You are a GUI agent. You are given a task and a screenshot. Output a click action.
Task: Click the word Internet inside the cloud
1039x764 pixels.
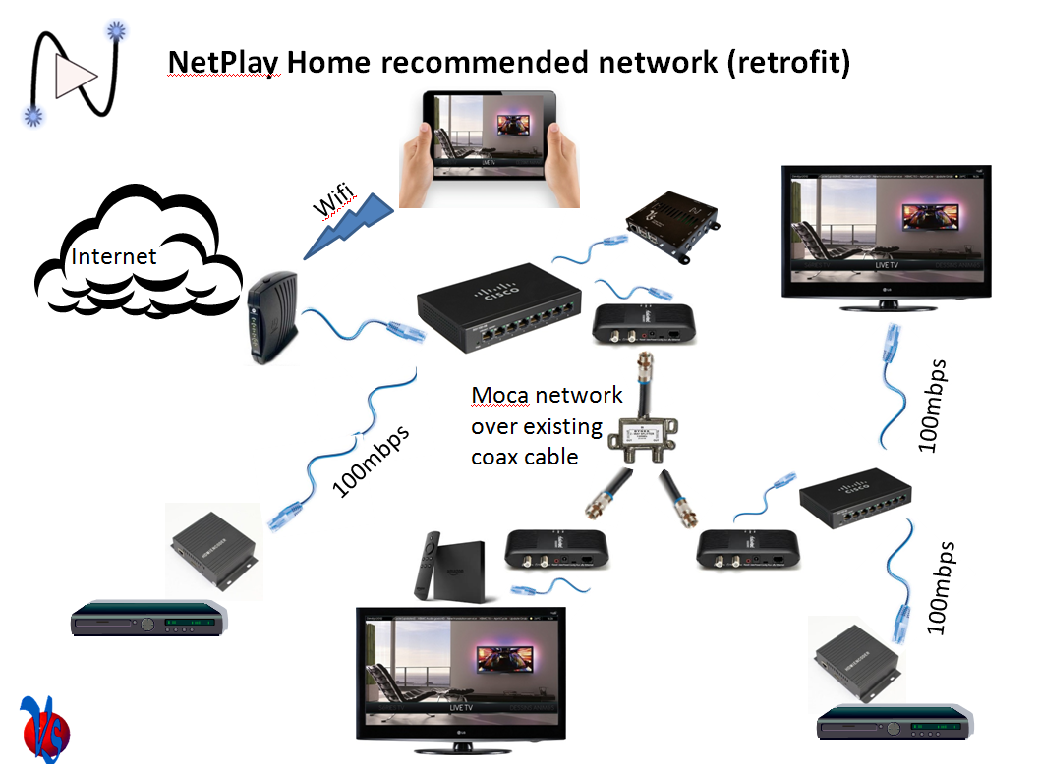(114, 257)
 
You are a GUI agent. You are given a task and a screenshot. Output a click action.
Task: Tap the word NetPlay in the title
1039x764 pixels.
(224, 62)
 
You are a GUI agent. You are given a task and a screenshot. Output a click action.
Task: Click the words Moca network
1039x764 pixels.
(547, 395)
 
